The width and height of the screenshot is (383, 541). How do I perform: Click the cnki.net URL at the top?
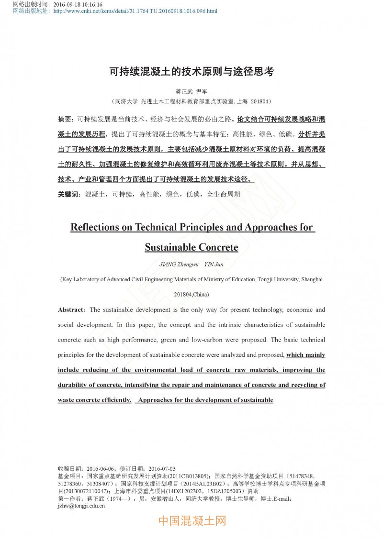click(x=135, y=11)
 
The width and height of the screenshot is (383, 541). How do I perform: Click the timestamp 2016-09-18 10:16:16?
click(x=78, y=4)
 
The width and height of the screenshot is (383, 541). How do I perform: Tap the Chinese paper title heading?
click(x=191, y=72)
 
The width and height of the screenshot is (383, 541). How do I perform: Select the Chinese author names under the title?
click(x=191, y=91)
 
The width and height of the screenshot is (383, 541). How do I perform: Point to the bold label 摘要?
click(x=65, y=119)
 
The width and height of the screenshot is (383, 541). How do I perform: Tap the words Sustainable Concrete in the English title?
click(x=191, y=248)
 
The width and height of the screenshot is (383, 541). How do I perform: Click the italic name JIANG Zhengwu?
click(x=177, y=265)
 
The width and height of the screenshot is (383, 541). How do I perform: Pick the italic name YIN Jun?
click(x=214, y=265)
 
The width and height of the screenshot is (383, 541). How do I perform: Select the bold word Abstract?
click(x=71, y=310)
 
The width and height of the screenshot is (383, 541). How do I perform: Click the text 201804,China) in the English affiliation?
click(x=191, y=294)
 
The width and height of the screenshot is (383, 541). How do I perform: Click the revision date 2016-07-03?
click(x=162, y=469)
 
